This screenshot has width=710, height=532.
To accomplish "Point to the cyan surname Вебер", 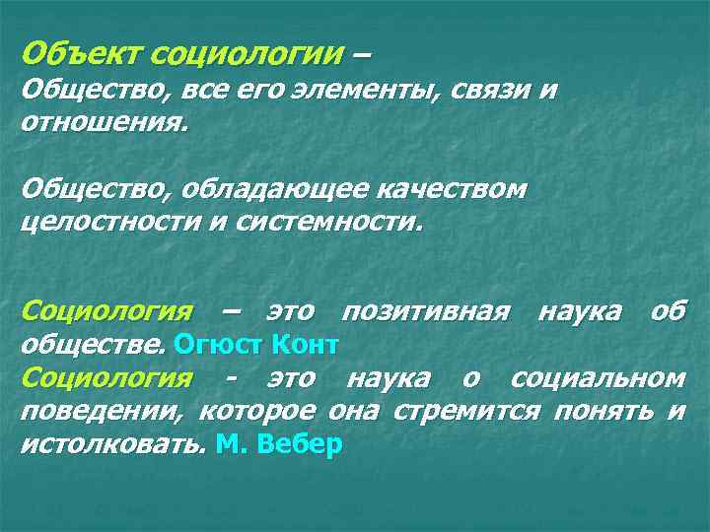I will click(x=298, y=444).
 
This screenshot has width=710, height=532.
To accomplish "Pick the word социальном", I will click(x=598, y=378).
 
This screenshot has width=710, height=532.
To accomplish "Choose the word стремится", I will click(x=465, y=412).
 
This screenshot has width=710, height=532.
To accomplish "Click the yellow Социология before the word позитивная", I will click(x=106, y=312).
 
